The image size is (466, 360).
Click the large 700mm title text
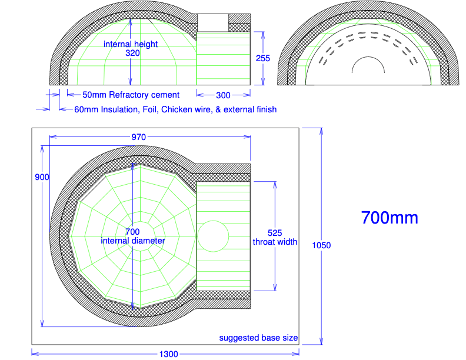390,218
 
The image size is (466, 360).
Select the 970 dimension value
138,137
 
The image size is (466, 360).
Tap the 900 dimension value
42,177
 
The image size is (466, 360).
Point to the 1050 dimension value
321,245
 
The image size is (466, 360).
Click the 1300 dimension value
168,354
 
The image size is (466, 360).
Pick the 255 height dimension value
263,58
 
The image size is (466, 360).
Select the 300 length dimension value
223,95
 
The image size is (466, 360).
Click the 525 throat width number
275,232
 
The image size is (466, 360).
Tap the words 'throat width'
275,242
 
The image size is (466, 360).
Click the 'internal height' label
131,44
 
